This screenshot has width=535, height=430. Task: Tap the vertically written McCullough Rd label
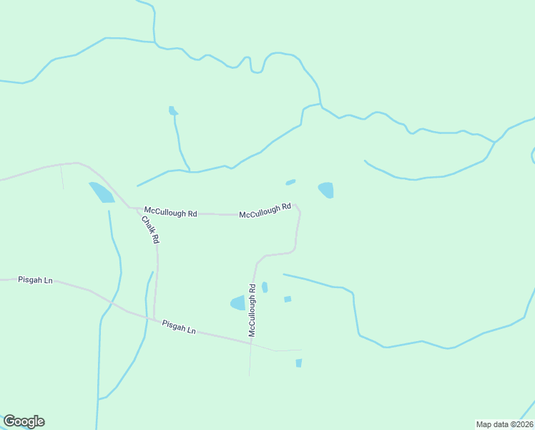click(252, 310)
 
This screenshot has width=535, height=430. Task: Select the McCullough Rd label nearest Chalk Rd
click(170, 212)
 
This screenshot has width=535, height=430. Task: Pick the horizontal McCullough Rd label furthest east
click(265, 211)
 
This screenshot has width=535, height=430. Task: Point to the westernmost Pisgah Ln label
click(36, 280)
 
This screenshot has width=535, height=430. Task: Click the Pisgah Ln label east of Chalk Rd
click(179, 327)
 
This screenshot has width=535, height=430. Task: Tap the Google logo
click(24, 421)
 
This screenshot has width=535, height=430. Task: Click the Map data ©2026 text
click(504, 424)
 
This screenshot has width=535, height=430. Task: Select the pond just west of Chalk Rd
click(102, 192)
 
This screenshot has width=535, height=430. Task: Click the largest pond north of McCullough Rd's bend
click(326, 190)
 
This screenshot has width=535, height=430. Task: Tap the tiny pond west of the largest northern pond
click(290, 182)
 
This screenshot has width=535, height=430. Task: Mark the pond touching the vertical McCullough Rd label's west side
click(237, 303)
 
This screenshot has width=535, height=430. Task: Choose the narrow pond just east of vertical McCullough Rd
click(265, 287)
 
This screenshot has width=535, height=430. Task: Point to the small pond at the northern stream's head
click(172, 110)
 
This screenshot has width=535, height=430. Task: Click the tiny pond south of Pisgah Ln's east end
click(298, 363)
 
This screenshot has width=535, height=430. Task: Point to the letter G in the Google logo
click(9, 421)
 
